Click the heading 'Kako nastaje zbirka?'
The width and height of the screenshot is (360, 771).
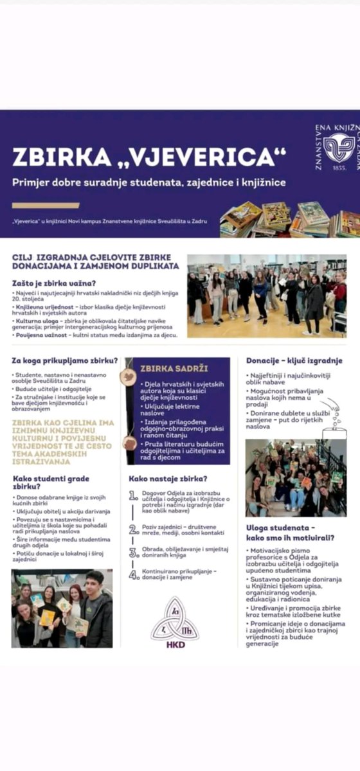(x=168, y=479)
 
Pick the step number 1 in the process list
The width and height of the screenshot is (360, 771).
(x=134, y=495)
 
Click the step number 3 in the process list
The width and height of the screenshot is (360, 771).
(x=134, y=552)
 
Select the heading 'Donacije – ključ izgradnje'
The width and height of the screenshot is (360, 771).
(x=294, y=360)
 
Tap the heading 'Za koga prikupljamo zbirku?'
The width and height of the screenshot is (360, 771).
(x=65, y=360)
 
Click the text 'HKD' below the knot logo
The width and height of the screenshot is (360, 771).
(x=174, y=644)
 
